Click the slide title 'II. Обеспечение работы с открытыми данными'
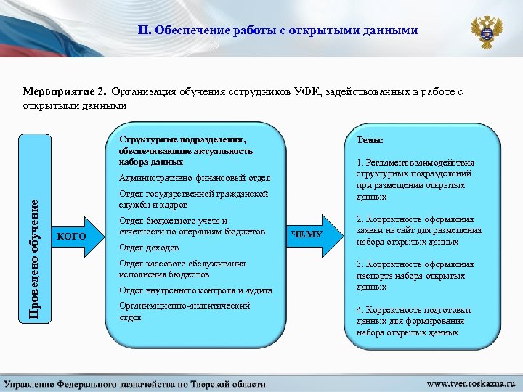point(278,30)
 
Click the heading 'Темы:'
point(370,140)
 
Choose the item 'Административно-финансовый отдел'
point(194,179)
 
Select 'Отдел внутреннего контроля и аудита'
point(195,290)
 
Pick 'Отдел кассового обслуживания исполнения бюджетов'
point(182,269)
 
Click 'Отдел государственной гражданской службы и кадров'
point(193,200)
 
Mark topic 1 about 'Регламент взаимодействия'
point(415,179)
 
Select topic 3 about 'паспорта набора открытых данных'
point(415,275)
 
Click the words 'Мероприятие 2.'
point(65,92)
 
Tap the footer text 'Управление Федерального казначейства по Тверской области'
point(136,383)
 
